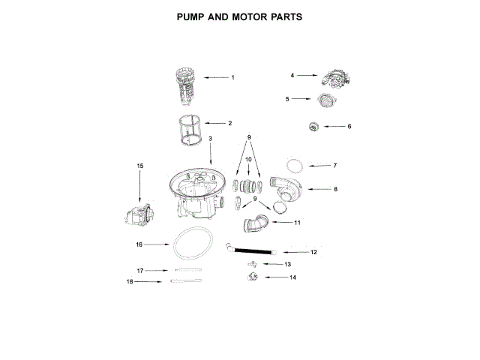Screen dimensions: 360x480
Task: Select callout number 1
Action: pos(232,78)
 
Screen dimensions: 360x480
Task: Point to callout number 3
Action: pos(210,139)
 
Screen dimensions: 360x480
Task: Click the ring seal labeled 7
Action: pos(295,164)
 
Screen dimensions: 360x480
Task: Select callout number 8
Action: pos(335,189)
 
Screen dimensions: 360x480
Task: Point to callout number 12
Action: pos(313,252)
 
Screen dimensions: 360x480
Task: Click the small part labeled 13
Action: pos(251,264)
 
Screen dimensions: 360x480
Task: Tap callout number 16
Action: pos(139,244)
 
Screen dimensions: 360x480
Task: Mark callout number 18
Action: pos(130,282)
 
